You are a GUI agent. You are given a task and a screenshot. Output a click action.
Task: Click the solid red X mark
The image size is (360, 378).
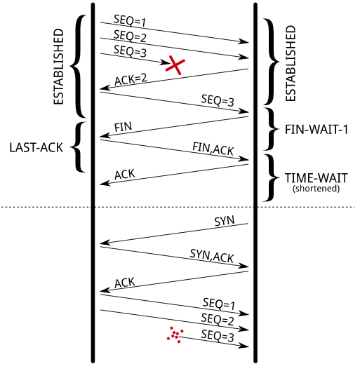click(x=175, y=65)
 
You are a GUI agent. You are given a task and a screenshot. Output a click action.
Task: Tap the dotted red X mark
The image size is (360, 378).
click(x=175, y=334)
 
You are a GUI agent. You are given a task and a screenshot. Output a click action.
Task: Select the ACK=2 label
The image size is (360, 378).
click(x=131, y=79)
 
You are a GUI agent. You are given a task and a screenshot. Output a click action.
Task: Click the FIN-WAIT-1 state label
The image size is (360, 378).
click(x=316, y=129)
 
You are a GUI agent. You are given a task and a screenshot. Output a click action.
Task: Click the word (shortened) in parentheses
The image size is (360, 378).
click(x=316, y=188)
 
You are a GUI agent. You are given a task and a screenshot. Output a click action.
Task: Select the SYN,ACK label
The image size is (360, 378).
click(x=212, y=256)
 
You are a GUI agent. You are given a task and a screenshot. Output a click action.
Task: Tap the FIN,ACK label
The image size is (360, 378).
click(x=213, y=147)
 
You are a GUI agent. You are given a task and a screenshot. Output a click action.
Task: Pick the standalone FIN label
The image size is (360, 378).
click(x=123, y=126)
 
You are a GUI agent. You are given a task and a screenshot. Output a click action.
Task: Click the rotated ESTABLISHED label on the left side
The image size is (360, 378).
click(x=59, y=67)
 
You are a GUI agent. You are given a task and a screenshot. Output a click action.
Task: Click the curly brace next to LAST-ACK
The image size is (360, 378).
click(x=79, y=147)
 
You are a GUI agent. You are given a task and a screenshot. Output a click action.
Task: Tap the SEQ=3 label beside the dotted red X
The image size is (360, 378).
click(x=217, y=335)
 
